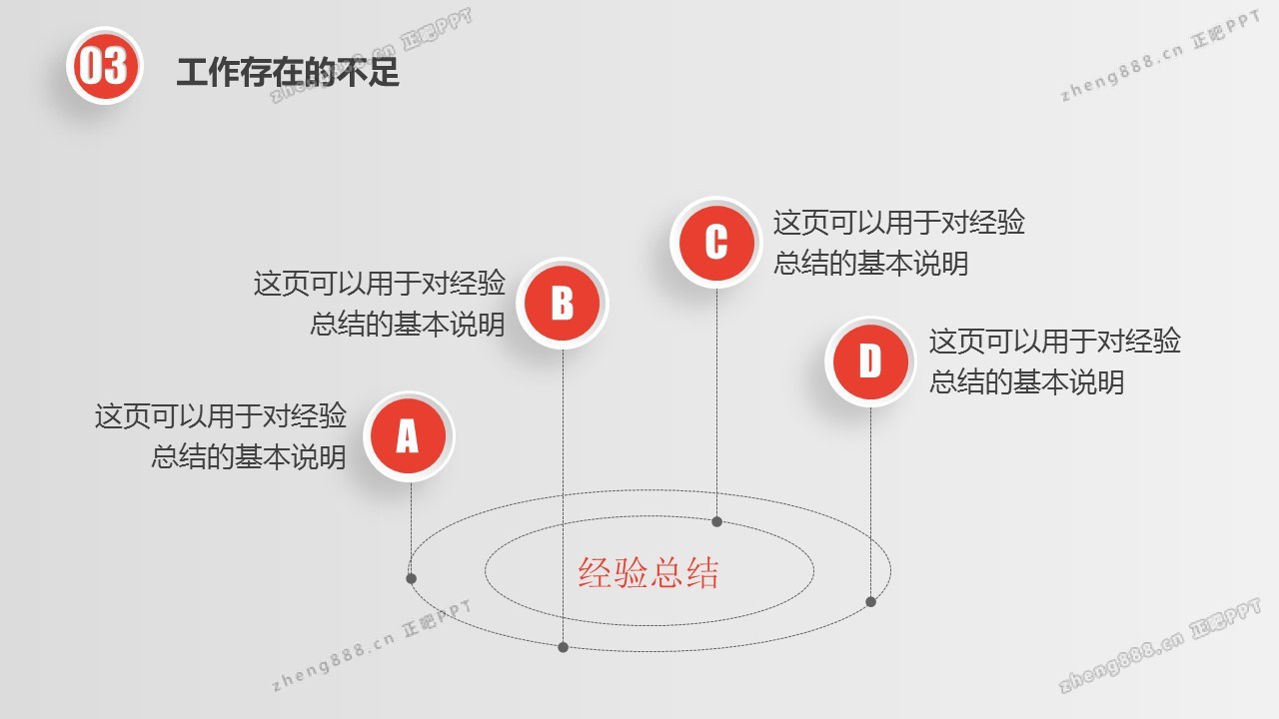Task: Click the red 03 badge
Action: pos(105,66)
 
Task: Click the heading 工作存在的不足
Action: pos(288,73)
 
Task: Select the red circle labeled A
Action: pos(409,436)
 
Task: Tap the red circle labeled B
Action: pos(563,303)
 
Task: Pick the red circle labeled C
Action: pos(716,243)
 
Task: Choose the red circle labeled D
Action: pos(870,361)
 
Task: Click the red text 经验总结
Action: pos(648,572)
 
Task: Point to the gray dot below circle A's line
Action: pos(411,578)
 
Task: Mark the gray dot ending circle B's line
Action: pos(563,647)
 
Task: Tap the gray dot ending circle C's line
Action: pos(717,521)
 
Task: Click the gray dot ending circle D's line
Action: pos(870,601)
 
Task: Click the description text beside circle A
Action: pos(221,436)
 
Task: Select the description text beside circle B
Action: pos(380,304)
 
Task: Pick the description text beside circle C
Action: pos(899,243)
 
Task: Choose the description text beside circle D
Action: pos(1054,361)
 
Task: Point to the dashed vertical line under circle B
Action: pos(563,495)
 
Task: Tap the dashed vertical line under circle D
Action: pos(870,501)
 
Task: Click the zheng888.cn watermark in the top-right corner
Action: pos(1160,55)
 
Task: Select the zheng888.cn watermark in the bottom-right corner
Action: pos(1160,645)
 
